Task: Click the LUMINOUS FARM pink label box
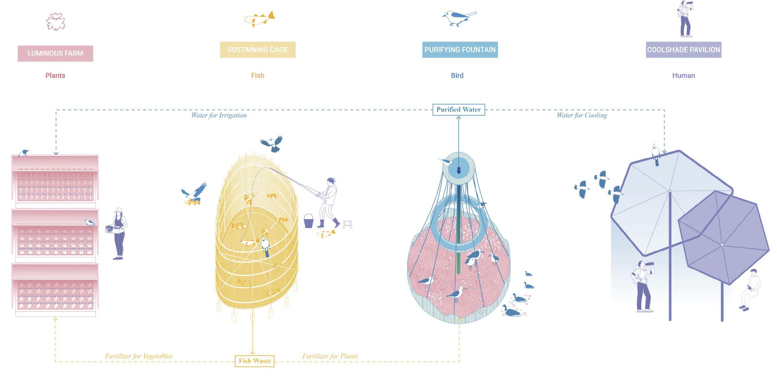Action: click(x=55, y=53)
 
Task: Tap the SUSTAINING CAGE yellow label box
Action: click(x=257, y=50)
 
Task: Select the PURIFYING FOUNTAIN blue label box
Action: click(x=460, y=50)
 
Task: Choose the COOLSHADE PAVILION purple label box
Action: click(x=683, y=50)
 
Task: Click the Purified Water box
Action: click(x=458, y=110)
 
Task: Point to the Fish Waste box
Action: click(x=255, y=361)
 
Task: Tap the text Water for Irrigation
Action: click(x=219, y=115)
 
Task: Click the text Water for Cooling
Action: click(x=582, y=115)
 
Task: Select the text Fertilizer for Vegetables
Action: click(x=138, y=356)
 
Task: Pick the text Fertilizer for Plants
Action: click(x=330, y=356)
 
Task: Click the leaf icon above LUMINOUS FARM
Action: click(x=55, y=22)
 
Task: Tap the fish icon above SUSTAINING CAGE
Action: click(x=259, y=19)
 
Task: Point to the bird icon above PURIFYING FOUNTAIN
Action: click(x=459, y=18)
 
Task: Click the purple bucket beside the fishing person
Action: click(x=308, y=221)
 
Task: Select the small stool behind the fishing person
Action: click(x=348, y=224)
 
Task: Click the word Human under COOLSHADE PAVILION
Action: click(x=683, y=76)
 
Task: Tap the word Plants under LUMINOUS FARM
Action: click(x=55, y=76)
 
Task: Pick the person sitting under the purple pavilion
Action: click(x=750, y=289)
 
